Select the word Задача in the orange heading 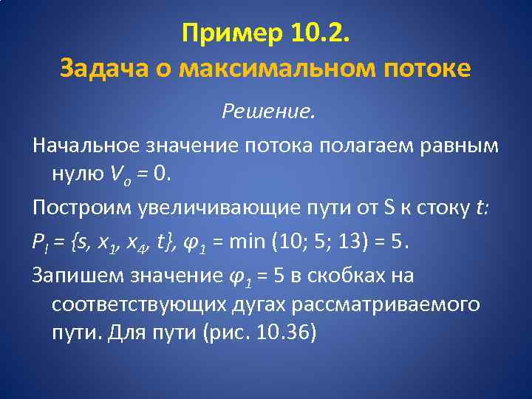coord(98,69)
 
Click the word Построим coord(82,208)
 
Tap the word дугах coord(257,304)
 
